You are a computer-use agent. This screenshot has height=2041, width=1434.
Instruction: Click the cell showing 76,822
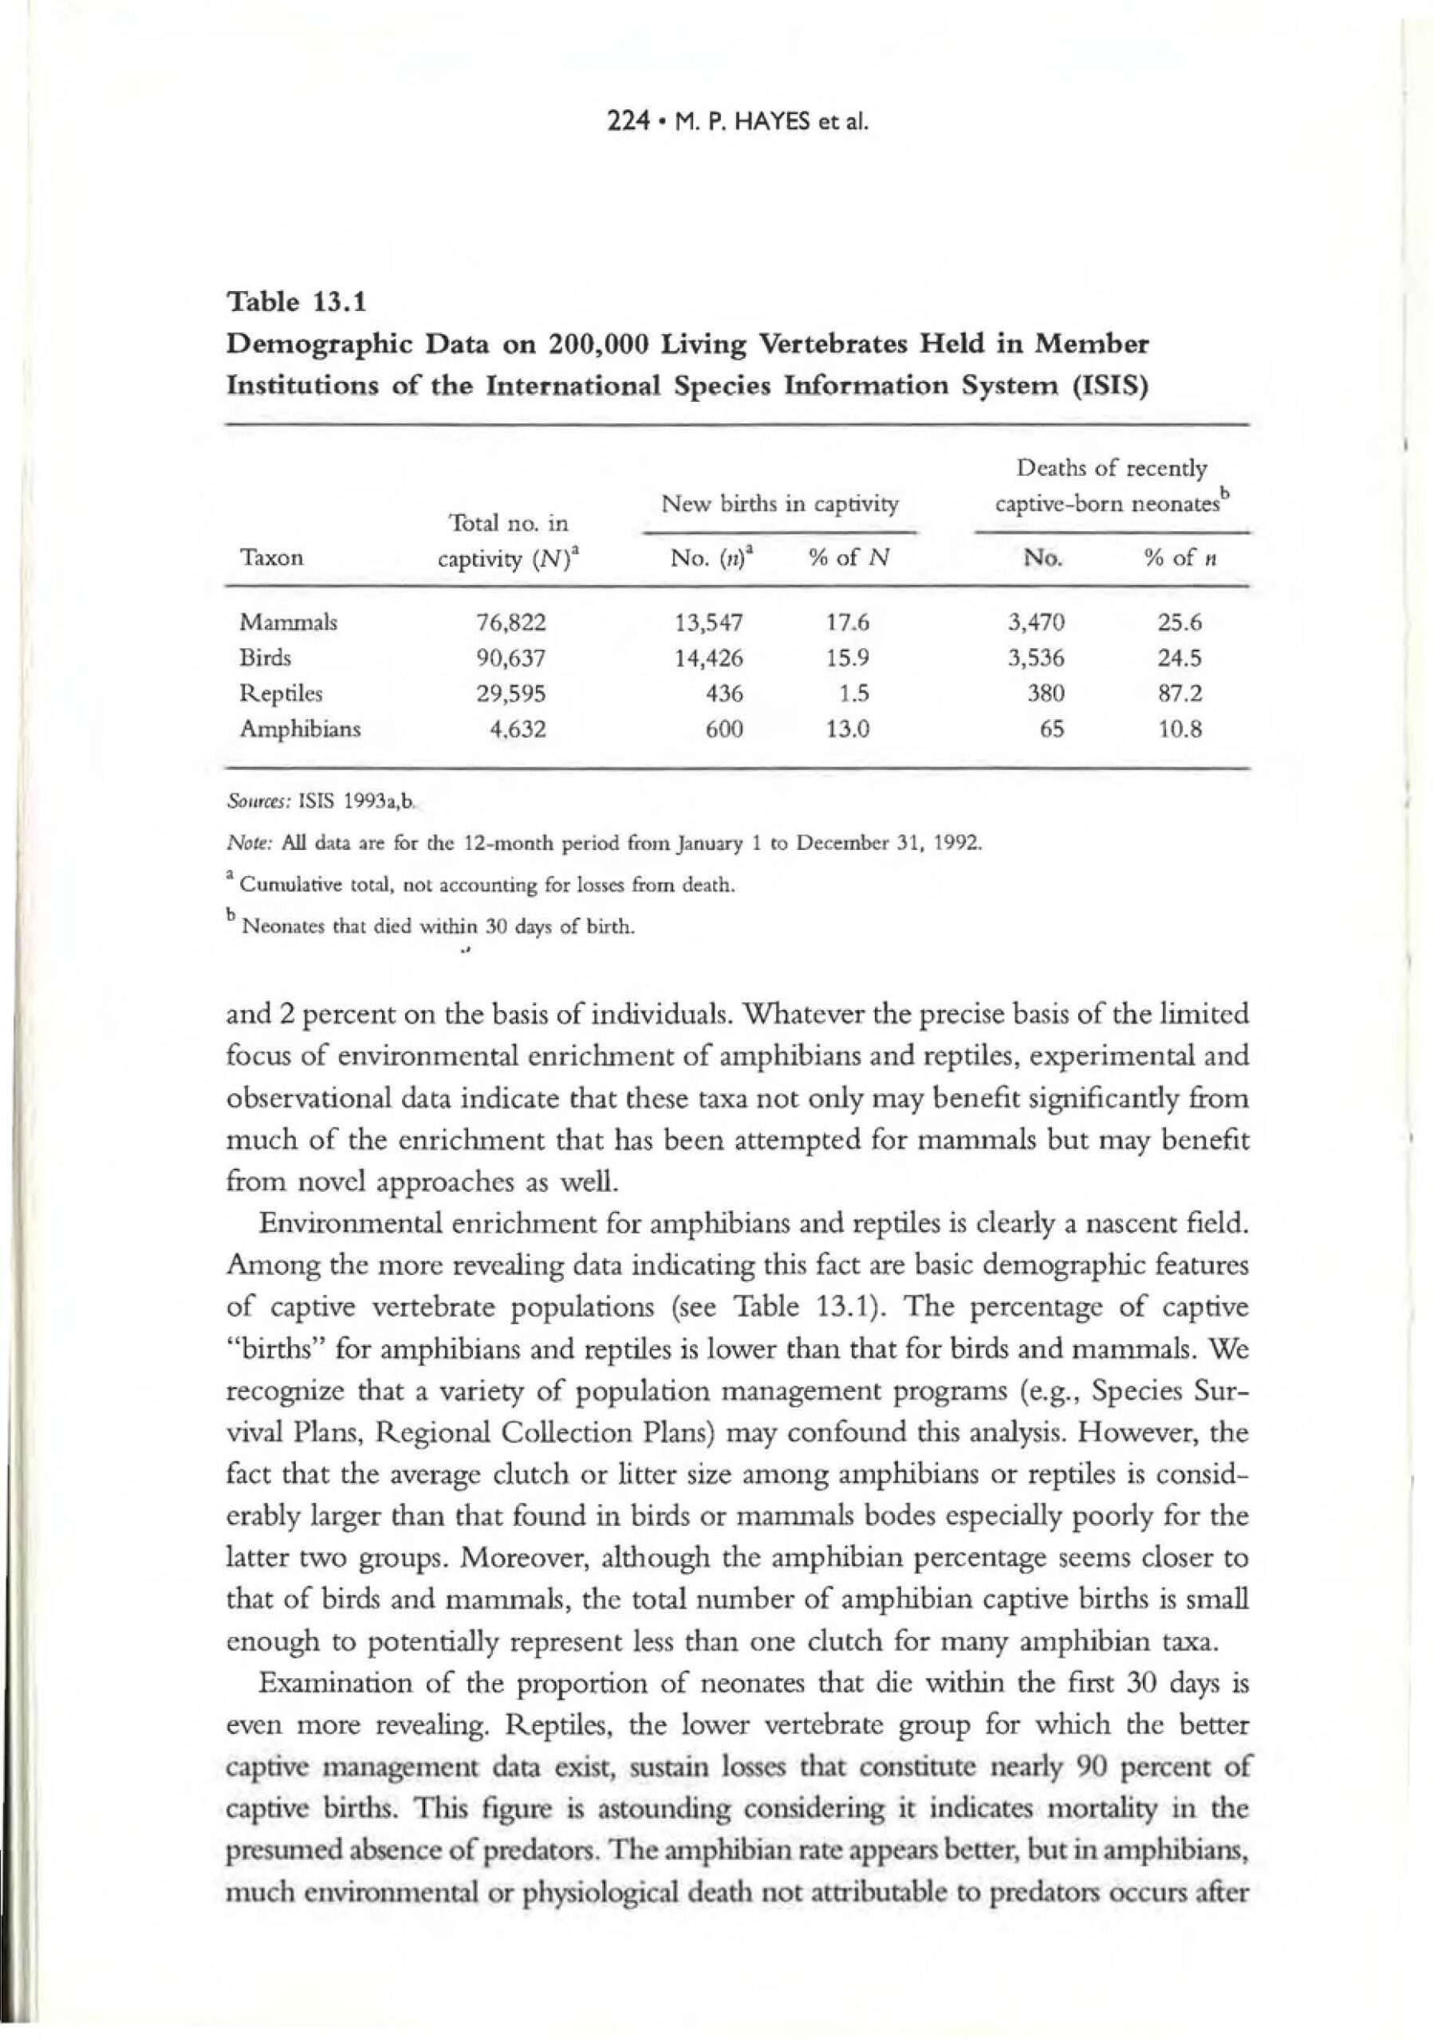510,622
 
